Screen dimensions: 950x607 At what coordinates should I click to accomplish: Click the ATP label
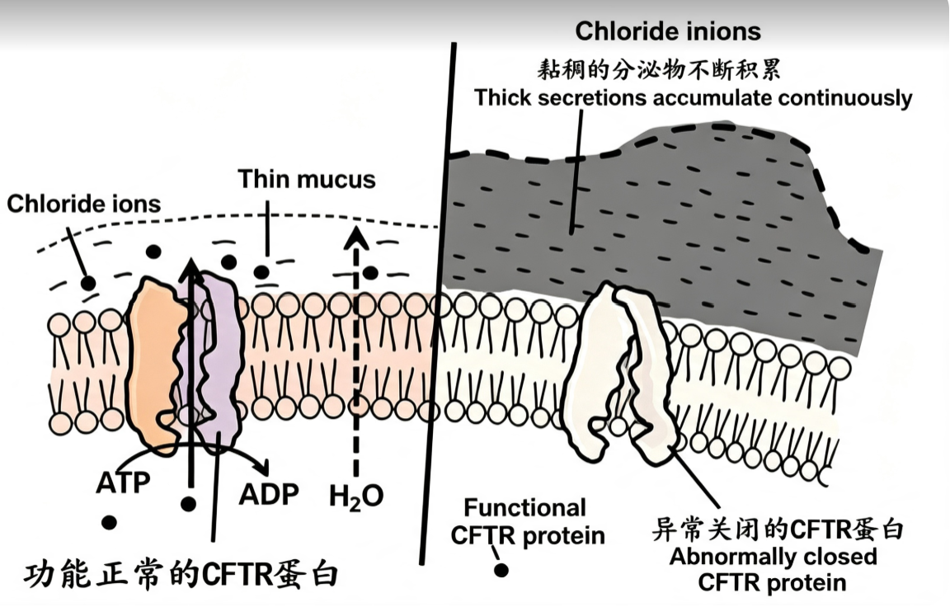click(x=123, y=482)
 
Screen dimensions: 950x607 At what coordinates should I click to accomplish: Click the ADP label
click(x=268, y=494)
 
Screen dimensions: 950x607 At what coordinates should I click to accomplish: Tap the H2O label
click(x=356, y=496)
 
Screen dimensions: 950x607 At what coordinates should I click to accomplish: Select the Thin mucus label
click(x=307, y=179)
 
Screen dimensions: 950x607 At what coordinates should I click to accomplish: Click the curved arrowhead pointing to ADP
click(x=262, y=468)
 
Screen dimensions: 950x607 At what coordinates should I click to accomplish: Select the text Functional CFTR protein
click(x=528, y=521)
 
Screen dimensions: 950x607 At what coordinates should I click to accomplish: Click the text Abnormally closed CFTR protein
click(x=773, y=569)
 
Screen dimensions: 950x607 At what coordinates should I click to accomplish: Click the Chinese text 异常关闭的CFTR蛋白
click(x=778, y=529)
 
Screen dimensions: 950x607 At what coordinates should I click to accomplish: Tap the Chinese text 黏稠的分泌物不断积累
click(x=659, y=70)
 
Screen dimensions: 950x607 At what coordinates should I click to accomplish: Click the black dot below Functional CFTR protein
click(x=501, y=569)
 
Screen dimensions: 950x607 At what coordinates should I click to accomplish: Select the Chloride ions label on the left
click(x=83, y=205)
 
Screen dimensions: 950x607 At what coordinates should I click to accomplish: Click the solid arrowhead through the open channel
click(x=191, y=271)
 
